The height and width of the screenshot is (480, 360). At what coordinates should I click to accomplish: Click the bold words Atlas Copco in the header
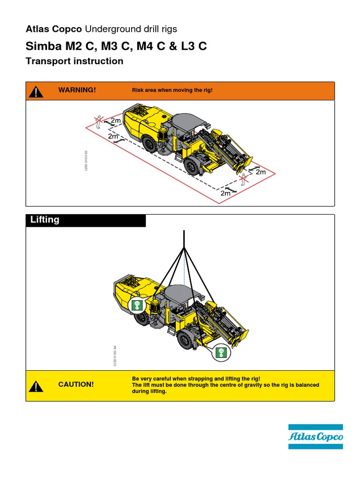coord(53,29)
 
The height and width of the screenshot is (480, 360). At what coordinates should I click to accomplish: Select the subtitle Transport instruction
coord(75,61)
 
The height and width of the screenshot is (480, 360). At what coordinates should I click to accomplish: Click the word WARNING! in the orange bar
coord(77,90)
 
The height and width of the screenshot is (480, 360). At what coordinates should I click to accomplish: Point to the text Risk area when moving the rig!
coord(172,90)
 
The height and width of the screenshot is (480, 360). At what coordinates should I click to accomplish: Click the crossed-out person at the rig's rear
coord(98,121)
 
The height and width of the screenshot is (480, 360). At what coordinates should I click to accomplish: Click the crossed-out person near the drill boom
coord(242,180)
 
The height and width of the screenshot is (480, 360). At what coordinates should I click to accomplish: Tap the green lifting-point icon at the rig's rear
coord(137,305)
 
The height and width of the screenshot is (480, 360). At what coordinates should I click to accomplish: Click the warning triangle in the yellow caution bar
coord(36,386)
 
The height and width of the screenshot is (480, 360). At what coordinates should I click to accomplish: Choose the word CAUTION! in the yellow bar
coord(76,385)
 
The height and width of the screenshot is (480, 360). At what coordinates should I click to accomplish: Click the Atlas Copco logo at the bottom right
coord(315,436)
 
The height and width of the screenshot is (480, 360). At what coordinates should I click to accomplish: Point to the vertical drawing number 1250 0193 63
coord(86,161)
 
